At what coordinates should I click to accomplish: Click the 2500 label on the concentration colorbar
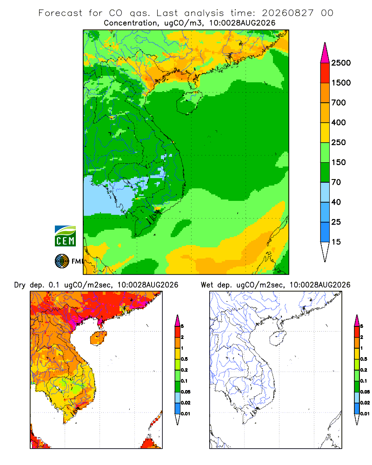[341, 63]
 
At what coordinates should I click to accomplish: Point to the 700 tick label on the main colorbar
[339, 103]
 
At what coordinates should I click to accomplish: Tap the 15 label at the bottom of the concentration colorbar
[336, 242]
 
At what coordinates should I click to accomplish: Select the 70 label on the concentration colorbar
[336, 182]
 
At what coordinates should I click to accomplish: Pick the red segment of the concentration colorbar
[325, 73]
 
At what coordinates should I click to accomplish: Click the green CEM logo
[65, 236]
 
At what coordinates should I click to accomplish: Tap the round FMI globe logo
[62, 261]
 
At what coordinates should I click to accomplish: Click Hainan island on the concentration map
[189, 102]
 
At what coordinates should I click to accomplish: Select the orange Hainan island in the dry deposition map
[98, 338]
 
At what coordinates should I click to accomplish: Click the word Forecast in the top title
[60, 13]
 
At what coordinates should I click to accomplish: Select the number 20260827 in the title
[287, 13]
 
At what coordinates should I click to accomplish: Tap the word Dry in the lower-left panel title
[20, 285]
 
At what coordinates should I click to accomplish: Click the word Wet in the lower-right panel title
[207, 285]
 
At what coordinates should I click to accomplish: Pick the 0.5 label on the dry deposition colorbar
[184, 359]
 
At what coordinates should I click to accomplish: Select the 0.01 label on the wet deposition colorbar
[365, 414]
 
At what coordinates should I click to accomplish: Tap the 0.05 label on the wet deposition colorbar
[365, 392]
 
